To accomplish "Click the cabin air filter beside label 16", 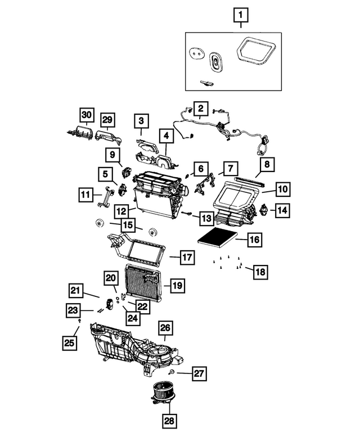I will tap(216, 237).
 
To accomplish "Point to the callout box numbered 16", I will tap(254, 240).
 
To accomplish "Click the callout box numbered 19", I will tap(177, 286).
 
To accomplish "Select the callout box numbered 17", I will tap(187, 258).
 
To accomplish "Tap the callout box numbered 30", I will tap(85, 115).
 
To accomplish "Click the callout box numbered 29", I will tap(107, 120).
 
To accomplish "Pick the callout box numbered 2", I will tap(201, 107).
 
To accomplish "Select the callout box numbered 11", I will tap(85, 195).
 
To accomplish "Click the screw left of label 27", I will tap(172, 373).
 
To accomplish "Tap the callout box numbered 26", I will tap(165, 327).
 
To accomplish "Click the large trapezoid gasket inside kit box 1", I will tap(254, 52).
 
